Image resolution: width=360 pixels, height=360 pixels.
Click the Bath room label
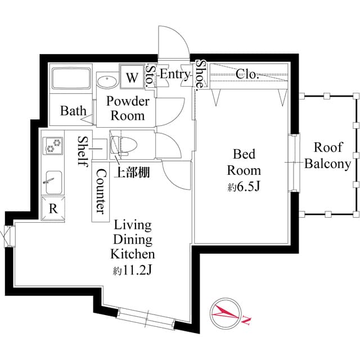[74, 110]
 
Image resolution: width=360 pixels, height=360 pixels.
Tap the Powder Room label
[128, 109]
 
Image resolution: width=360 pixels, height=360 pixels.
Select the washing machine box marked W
[132, 77]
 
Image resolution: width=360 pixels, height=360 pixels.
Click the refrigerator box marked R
[53, 208]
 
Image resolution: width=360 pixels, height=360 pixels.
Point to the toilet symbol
[121, 145]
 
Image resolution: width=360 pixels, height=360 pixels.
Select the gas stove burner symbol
[53, 146]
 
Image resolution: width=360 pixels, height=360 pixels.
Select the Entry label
[174, 74]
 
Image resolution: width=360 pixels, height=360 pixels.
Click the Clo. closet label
[247, 74]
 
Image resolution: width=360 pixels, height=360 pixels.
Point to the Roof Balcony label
[328, 156]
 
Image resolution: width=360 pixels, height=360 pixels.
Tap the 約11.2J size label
[133, 271]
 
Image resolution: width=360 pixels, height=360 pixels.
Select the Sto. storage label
[150, 76]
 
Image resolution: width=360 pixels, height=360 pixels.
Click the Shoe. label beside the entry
[200, 75]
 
